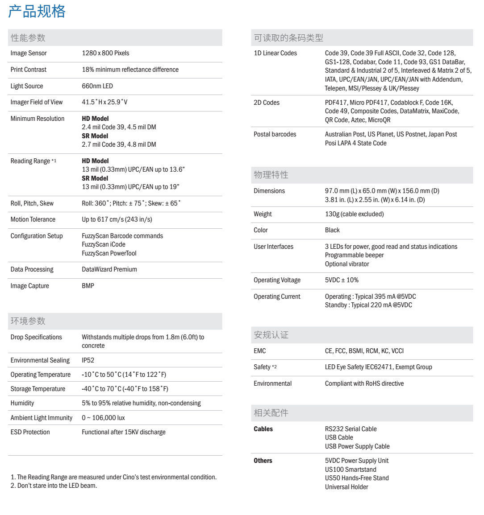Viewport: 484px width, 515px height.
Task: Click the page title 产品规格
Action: (x=37, y=11)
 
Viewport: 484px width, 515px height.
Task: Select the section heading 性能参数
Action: (x=28, y=38)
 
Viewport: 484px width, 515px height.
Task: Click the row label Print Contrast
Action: (x=29, y=70)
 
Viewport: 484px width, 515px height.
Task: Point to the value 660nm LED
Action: (x=97, y=86)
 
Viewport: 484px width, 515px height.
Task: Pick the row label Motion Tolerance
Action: (x=33, y=219)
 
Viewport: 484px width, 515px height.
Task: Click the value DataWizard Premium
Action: (x=109, y=269)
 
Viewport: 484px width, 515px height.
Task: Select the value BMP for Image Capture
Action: (x=88, y=286)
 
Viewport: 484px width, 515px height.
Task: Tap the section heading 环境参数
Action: (x=28, y=321)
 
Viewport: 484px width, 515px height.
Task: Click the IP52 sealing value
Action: (x=88, y=360)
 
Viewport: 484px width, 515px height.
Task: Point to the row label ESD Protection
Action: (x=30, y=432)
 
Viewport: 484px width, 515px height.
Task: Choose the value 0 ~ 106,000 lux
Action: (x=103, y=418)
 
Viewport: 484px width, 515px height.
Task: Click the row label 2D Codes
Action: (x=267, y=103)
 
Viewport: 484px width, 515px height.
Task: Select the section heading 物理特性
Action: (x=271, y=175)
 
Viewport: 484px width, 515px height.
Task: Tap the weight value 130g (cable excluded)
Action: (x=354, y=214)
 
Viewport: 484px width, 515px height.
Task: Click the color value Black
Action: (x=332, y=230)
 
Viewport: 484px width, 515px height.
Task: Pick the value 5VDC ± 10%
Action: (x=342, y=280)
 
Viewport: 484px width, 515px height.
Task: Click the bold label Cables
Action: (x=263, y=429)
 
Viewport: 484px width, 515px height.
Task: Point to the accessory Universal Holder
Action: (x=346, y=487)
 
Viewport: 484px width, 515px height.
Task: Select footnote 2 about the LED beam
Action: (x=54, y=486)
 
